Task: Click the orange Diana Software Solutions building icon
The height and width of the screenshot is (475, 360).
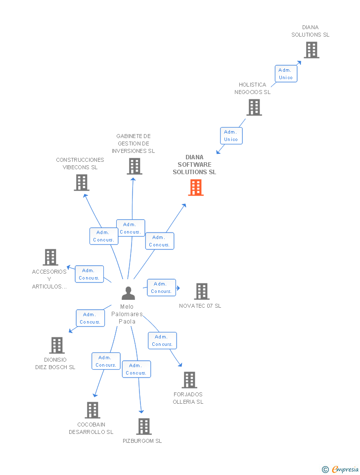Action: (x=196, y=188)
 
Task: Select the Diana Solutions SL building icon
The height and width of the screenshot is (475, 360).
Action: (x=311, y=50)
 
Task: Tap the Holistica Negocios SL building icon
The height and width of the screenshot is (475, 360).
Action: (x=254, y=107)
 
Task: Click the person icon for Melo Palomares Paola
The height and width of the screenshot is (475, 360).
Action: (x=128, y=293)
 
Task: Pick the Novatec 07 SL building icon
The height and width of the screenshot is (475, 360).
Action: (x=201, y=291)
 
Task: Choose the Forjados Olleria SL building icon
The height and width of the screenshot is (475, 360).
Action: (x=189, y=380)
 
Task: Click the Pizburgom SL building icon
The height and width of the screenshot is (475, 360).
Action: (x=143, y=426)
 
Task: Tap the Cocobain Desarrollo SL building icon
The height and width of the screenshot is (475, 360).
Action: (x=92, y=410)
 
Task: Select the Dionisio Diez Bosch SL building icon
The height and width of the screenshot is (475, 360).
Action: (x=57, y=345)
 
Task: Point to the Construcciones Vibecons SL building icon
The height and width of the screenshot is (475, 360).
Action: (x=81, y=183)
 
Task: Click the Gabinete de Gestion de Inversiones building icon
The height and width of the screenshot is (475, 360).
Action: (x=134, y=166)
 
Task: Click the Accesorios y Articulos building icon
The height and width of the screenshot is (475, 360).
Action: (x=50, y=257)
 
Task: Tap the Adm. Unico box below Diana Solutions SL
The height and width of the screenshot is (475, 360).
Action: (x=286, y=74)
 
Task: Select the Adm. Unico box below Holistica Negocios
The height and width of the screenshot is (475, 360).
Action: (x=231, y=136)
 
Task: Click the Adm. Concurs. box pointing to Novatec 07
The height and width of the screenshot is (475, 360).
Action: (x=161, y=287)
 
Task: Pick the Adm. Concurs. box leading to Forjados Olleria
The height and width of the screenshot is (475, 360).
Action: (x=162, y=340)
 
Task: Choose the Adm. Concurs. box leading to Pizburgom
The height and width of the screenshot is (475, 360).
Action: (x=136, y=369)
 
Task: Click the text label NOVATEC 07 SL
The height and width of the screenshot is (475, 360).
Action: (x=200, y=306)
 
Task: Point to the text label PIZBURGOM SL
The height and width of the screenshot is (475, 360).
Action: (x=142, y=441)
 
